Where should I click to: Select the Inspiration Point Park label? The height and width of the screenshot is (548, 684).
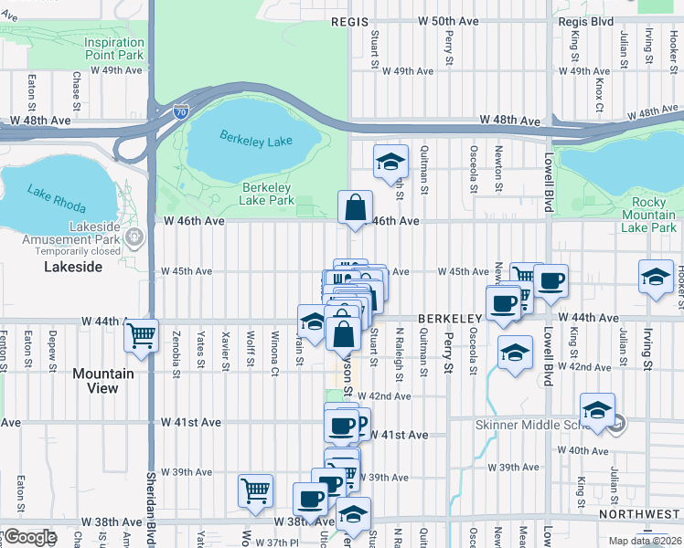coord(114,48)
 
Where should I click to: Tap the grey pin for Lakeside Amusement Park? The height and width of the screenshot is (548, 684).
coord(135,238)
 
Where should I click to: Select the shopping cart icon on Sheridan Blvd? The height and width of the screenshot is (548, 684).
coord(142,335)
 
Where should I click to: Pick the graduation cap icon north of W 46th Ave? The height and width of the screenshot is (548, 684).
coord(390,162)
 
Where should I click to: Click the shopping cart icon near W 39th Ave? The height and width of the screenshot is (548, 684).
coord(255,490)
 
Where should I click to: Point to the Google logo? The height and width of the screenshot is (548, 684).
coord(29,537)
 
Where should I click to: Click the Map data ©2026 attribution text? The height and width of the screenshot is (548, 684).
coord(645,541)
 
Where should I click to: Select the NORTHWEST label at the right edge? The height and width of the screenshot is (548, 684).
coord(651,514)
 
